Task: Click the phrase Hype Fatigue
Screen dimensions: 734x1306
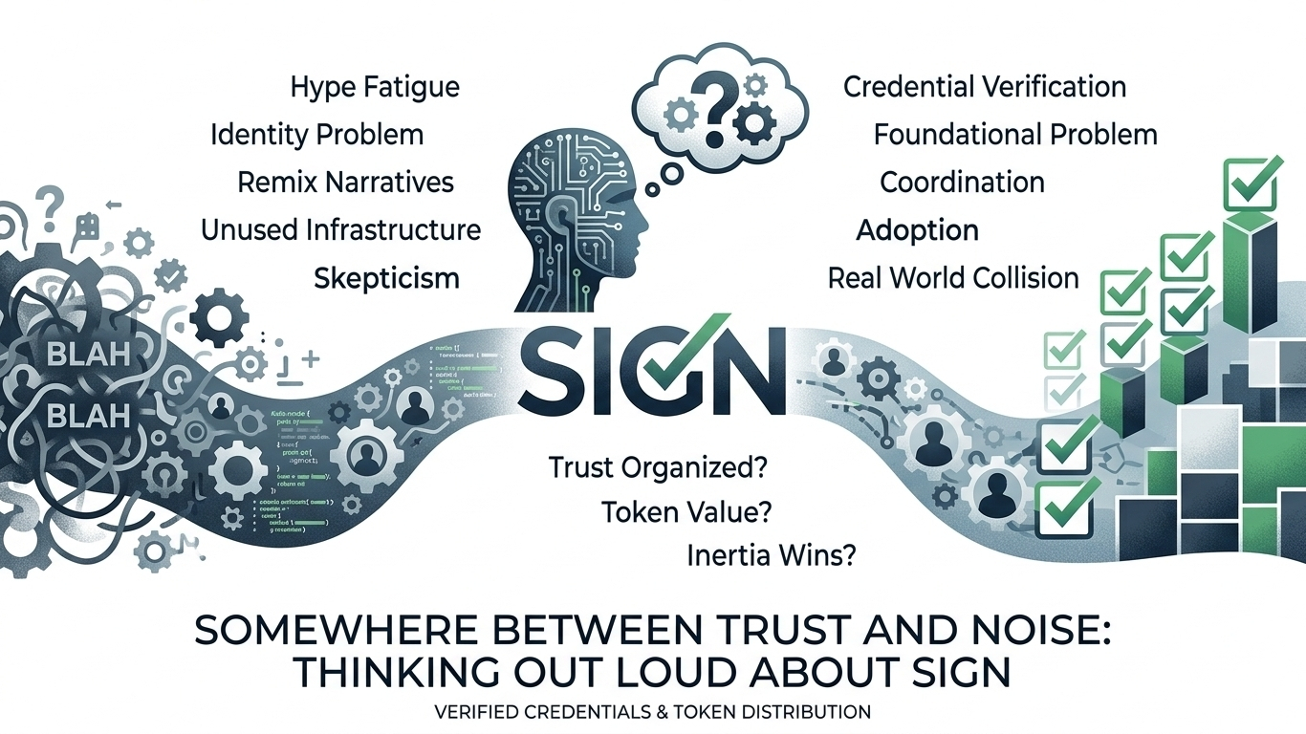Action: coord(375,88)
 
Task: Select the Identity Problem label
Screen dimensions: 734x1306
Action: coord(316,135)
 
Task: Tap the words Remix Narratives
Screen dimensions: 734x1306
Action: coord(345,182)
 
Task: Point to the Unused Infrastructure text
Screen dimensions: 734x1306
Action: coord(340,229)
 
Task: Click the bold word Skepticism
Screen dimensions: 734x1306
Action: coord(386,278)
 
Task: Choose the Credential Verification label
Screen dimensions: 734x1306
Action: coord(984,87)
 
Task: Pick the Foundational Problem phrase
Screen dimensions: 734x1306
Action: coord(1015,135)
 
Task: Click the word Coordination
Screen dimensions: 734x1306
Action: coord(962,182)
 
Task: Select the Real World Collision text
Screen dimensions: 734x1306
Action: coord(953,278)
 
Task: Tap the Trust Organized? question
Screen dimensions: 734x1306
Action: coord(660,468)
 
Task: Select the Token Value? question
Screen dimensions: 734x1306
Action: coord(686,512)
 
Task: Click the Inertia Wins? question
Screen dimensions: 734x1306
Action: coord(771,555)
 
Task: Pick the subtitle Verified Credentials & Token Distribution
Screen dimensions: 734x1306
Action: coord(652,712)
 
